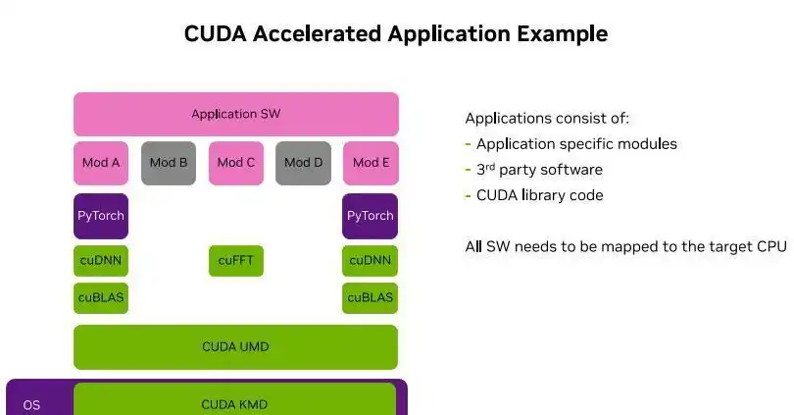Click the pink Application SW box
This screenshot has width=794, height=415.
pos(235,114)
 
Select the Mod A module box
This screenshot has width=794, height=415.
pos(101,163)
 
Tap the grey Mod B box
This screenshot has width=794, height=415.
pos(169,163)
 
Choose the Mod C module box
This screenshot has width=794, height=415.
pos(236,163)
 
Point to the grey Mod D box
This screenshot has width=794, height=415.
pos(303,163)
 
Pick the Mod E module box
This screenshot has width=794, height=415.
pos(371,163)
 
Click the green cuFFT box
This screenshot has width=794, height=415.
pos(236,261)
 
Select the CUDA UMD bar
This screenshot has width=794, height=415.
pos(235,346)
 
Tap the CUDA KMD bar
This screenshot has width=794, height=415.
pos(234,403)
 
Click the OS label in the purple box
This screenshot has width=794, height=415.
pos(31,404)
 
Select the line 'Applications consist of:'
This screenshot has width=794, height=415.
pos(547,119)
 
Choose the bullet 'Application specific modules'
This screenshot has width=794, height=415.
pos(576,144)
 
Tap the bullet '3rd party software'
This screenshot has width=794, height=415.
pos(539,170)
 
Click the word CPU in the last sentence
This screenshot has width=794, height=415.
pos(770,246)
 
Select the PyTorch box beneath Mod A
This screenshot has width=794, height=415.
pos(101,216)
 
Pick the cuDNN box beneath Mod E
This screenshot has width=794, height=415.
pos(371,261)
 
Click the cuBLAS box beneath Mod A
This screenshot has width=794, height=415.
pos(101,297)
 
